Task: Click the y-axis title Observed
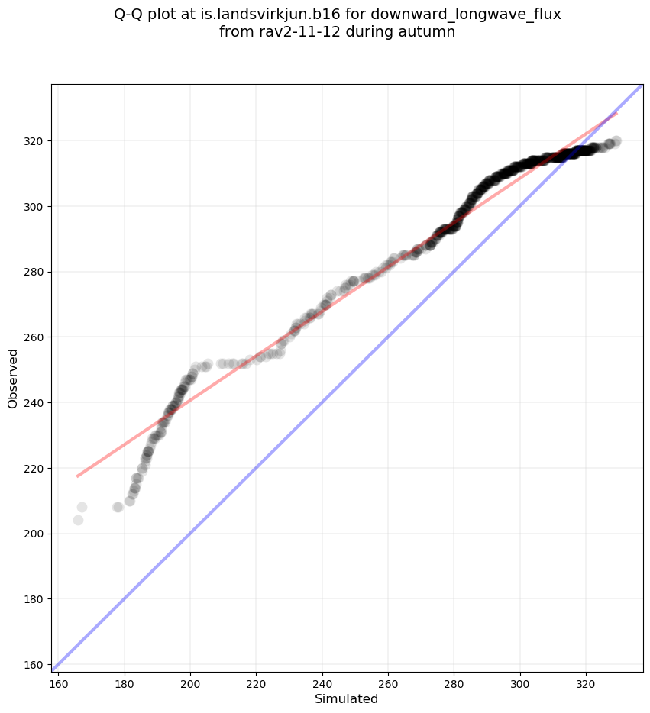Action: [13, 378]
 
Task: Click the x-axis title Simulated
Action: [347, 698]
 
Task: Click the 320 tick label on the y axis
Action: [35, 141]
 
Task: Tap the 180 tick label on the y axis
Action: [35, 598]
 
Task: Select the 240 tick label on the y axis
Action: [35, 402]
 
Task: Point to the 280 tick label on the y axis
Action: [35, 272]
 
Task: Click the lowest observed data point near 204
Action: [78, 520]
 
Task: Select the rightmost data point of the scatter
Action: [616, 141]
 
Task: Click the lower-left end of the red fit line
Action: [78, 476]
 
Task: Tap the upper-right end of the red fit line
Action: [616, 113]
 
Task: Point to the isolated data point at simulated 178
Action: [118, 507]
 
